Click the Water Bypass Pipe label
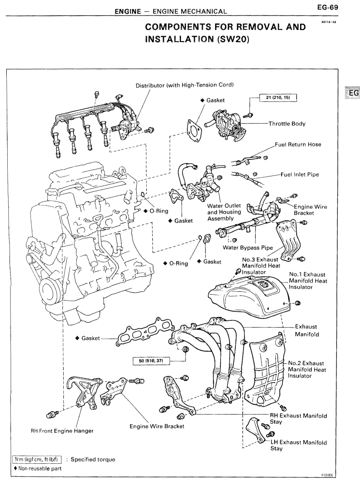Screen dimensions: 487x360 coord(248,248)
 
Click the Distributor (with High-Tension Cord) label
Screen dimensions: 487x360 coord(185,86)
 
